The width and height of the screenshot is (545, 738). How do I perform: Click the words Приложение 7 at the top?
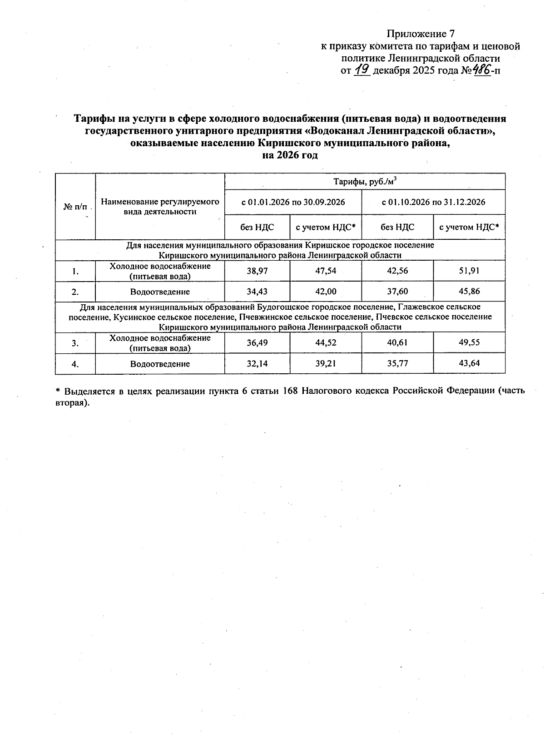pyautogui.click(x=420, y=34)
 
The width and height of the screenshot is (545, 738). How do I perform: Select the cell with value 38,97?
pyautogui.click(x=257, y=271)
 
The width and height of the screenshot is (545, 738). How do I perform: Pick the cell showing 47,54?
pyautogui.click(x=326, y=271)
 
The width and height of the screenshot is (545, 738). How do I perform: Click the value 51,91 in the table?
pyautogui.click(x=469, y=271)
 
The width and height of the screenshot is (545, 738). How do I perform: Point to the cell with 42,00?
pyautogui.click(x=326, y=292)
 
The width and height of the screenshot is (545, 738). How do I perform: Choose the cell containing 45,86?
pyautogui.click(x=469, y=291)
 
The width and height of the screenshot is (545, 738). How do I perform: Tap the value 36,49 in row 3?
pyautogui.click(x=257, y=343)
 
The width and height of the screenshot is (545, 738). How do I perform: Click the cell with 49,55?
pyautogui.click(x=469, y=342)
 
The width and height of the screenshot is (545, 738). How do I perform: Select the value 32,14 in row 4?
pyautogui.click(x=257, y=363)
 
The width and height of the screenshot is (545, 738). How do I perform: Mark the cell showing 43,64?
pyautogui.click(x=469, y=363)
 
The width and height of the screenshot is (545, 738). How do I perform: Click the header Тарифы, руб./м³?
pyautogui.click(x=365, y=181)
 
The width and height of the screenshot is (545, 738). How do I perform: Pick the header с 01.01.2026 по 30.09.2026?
pyautogui.click(x=293, y=202)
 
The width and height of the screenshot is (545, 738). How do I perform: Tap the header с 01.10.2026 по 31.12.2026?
pyautogui.click(x=433, y=202)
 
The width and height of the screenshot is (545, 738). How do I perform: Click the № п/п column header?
pyautogui.click(x=75, y=207)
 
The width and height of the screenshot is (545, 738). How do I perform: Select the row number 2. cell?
pyautogui.click(x=75, y=292)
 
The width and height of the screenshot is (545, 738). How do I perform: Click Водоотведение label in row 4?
pyautogui.click(x=160, y=364)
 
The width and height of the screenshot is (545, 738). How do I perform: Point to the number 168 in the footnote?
pyautogui.click(x=290, y=391)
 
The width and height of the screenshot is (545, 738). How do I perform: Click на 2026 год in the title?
pyautogui.click(x=290, y=156)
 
